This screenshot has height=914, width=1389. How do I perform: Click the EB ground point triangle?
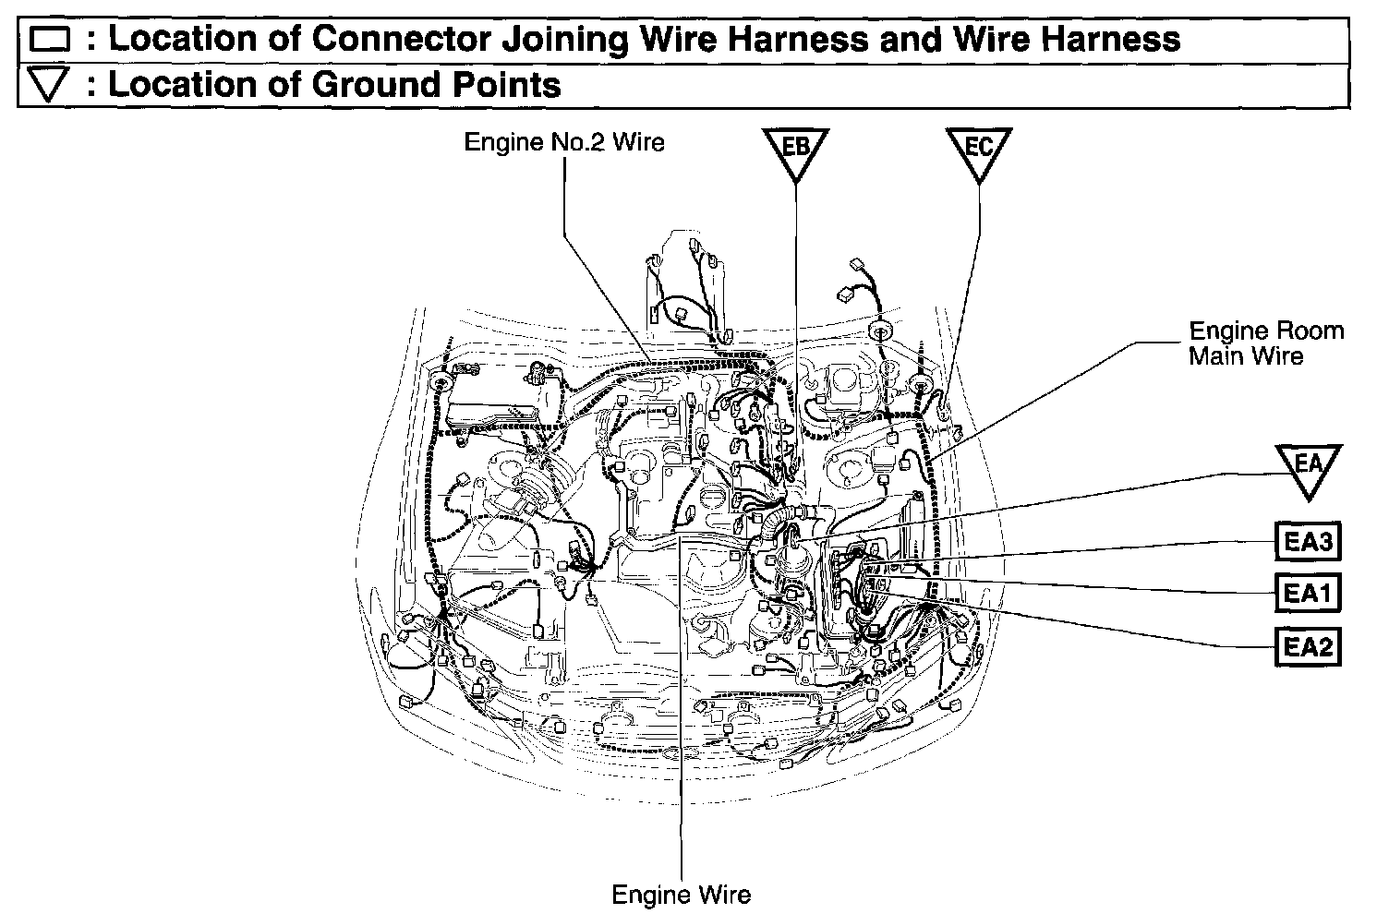(795, 150)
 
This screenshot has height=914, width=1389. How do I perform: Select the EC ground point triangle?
(979, 150)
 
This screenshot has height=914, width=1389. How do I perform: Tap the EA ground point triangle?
(1309, 466)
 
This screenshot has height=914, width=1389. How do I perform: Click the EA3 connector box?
(1308, 542)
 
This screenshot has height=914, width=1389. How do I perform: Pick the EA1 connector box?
(1308, 594)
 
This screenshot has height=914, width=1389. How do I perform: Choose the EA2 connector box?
(1308, 646)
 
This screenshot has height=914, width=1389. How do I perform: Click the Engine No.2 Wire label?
(563, 142)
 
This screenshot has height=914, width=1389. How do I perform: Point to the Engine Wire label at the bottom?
(682, 894)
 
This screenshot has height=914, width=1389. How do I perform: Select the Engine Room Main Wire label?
(1265, 343)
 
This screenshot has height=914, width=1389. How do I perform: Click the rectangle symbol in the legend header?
(50, 40)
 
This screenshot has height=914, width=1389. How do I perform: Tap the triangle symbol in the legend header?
(50, 86)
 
